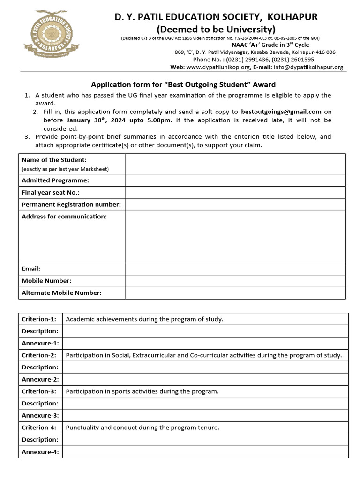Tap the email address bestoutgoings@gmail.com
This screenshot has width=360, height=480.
(x=281, y=112)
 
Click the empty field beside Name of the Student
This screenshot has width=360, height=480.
(x=235, y=164)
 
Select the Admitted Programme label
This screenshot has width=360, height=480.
(x=55, y=180)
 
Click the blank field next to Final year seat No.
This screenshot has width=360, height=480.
(x=235, y=192)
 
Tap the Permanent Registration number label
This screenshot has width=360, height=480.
(x=71, y=204)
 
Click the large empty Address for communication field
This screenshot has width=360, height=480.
(x=235, y=237)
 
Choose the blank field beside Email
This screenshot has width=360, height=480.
(x=235, y=269)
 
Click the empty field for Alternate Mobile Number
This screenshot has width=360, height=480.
(x=235, y=293)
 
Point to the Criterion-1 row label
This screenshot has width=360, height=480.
(x=39, y=319)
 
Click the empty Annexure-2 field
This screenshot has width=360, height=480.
(x=205, y=379)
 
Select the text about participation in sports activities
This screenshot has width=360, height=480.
(x=142, y=391)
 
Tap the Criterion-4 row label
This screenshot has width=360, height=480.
(x=39, y=427)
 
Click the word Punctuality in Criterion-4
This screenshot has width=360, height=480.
(x=82, y=427)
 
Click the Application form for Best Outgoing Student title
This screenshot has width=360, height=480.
(x=183, y=85)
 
